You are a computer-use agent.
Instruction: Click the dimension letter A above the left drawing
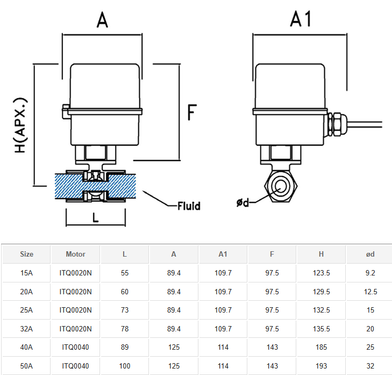coord(102,20)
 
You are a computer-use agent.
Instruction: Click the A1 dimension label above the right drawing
coord(301,19)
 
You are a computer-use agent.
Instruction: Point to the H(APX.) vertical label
coord(21,125)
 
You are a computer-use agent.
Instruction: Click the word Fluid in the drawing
coord(189,206)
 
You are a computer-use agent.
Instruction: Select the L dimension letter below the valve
coord(95,218)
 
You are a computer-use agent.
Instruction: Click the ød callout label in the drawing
coord(243,202)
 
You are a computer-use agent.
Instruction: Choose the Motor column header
coord(75,254)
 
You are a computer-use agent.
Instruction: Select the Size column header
coord(26,254)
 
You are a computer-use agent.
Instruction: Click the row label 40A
coord(26,348)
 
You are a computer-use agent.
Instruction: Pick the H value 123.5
coord(321,273)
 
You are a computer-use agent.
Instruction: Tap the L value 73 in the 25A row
coord(125,310)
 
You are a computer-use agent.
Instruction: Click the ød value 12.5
coord(370,292)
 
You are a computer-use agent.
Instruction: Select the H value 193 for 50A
coord(321,366)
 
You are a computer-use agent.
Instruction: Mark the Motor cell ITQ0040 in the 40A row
coord(75,348)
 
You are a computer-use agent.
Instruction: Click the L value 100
coord(125,366)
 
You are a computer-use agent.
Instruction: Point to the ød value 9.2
coord(370,273)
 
